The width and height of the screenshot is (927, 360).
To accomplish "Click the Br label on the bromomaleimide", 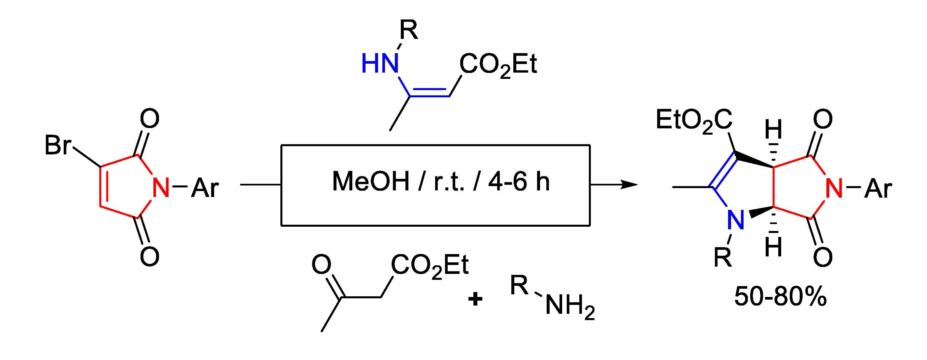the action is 58,146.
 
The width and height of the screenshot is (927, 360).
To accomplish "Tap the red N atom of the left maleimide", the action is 161,187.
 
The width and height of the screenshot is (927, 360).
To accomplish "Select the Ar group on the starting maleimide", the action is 205,188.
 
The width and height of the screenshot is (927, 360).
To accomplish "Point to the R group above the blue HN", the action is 409,31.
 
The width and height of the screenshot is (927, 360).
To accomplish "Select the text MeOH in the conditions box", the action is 371,182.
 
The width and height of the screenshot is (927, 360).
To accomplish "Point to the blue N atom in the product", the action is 735,220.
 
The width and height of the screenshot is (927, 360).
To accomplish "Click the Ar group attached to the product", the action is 878,188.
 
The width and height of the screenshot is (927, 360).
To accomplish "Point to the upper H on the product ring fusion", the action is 773,130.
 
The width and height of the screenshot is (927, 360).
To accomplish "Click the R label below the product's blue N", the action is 723,257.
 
